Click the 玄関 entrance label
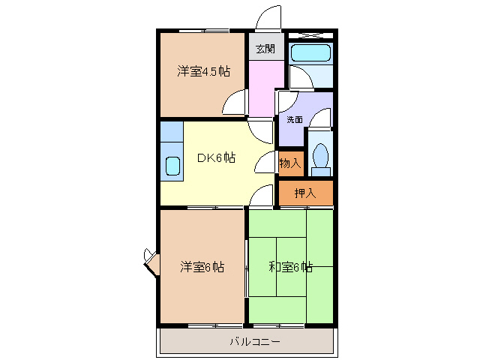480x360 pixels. point(265,49)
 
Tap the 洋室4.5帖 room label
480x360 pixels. point(203,72)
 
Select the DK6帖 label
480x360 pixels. point(217,158)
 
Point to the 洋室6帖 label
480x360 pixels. point(202,266)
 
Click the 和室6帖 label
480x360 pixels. point(290,266)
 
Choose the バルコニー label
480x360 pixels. point(255,342)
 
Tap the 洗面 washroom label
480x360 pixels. point(294,119)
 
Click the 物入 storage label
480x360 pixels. point(289,163)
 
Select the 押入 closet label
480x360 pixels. point(304,193)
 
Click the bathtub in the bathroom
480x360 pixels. point(309,52)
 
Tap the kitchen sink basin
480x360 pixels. point(172,165)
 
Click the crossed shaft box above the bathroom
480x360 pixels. point(310,34)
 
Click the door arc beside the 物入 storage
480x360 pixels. point(265,161)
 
